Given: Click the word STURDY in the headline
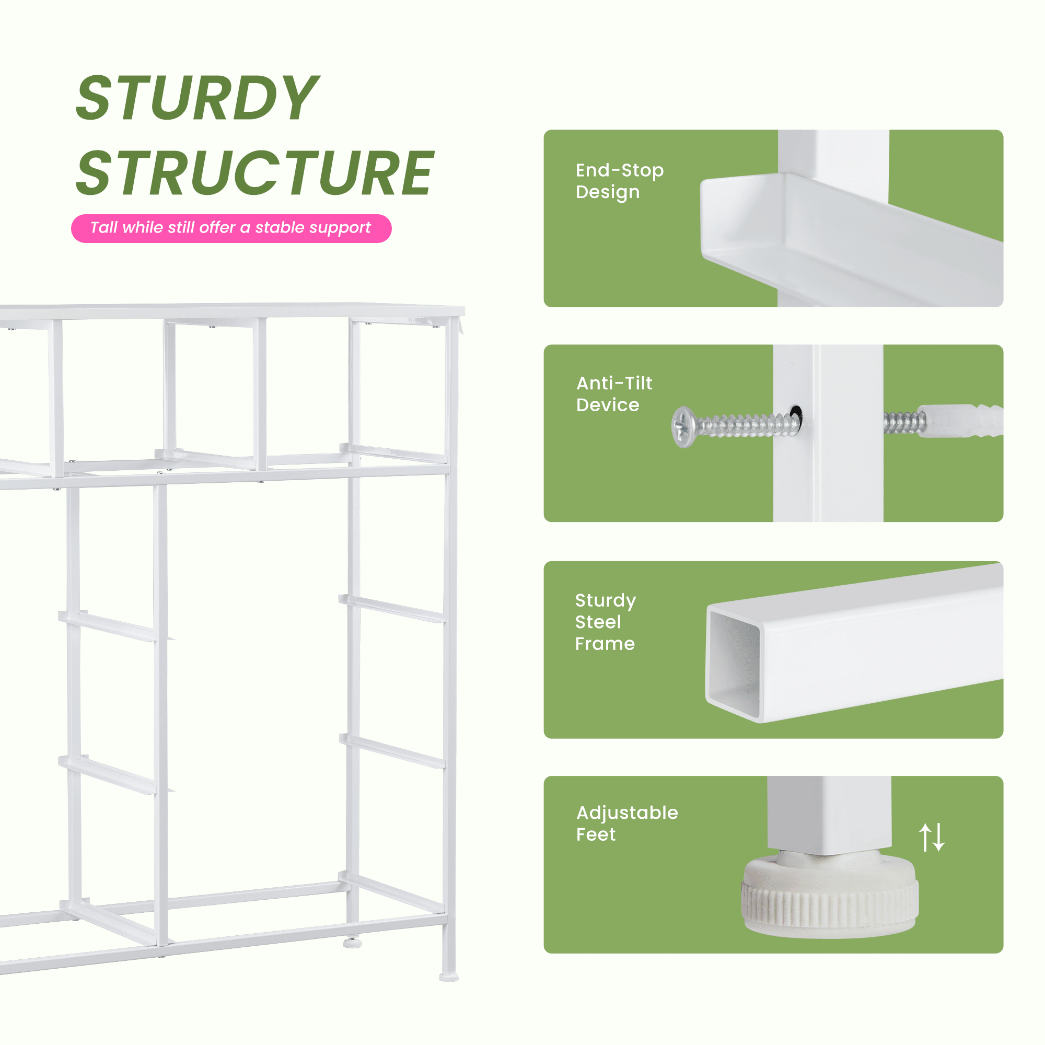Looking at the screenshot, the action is (198, 97).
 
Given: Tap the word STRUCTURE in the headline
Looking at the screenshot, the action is (255, 172).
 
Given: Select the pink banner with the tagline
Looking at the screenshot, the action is (231, 228).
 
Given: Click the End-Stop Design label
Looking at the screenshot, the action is (619, 181).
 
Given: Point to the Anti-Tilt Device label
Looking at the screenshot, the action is (614, 394).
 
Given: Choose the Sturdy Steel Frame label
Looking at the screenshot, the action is (605, 622).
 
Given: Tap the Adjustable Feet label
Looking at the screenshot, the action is (627, 823).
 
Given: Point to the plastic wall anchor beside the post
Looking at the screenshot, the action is (960, 420).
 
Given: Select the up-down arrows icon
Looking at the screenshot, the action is (932, 837).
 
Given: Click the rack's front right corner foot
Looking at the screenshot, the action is (449, 977).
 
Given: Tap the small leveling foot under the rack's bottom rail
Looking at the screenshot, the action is (352, 943).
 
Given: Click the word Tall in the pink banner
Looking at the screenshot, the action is (104, 227).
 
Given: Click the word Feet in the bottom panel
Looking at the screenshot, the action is (596, 834).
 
